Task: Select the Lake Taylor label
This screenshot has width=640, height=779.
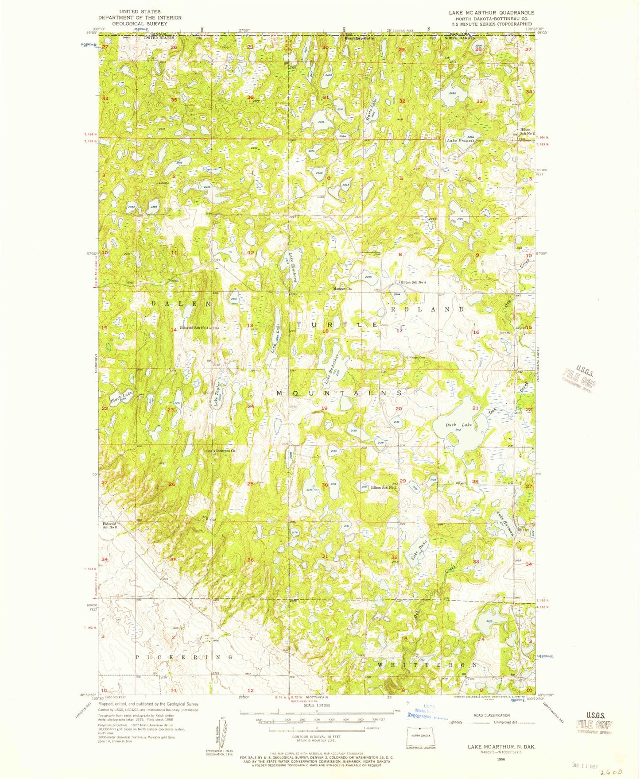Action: click(x=217, y=394)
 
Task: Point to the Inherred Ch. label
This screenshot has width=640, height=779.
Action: click(x=225, y=451)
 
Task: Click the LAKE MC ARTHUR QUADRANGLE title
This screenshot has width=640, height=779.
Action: click(x=491, y=12)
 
